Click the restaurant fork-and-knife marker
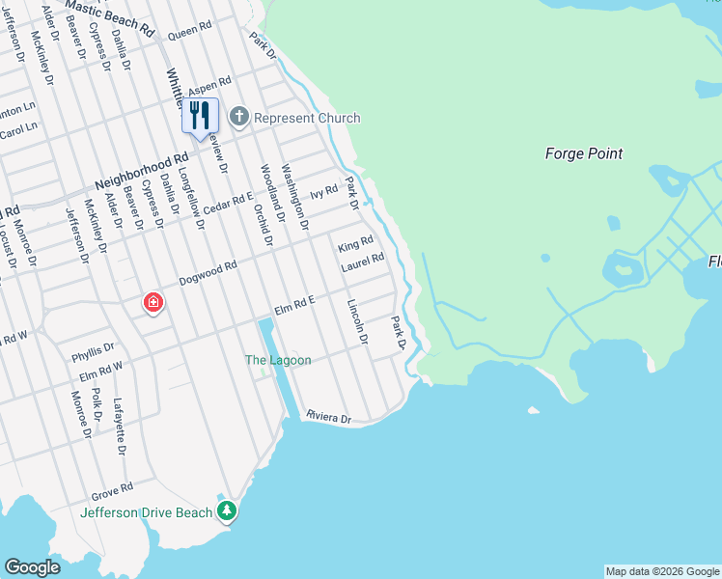click(x=200, y=116)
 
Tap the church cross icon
click(x=238, y=118)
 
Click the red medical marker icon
click(x=153, y=303)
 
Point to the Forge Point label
click(x=584, y=153)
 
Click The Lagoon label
click(x=278, y=360)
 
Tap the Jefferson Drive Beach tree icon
click(x=227, y=511)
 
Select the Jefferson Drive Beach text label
click(x=146, y=512)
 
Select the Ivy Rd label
click(x=323, y=193)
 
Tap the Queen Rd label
click(x=189, y=33)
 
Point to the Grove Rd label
click(x=112, y=491)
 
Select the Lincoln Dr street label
click(x=357, y=321)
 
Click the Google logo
click(x=32, y=567)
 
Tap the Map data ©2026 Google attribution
click(x=662, y=571)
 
